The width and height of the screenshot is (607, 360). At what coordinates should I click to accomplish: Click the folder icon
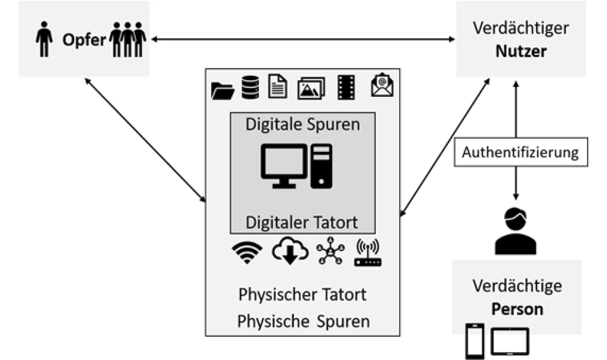pyautogui.click(x=223, y=90)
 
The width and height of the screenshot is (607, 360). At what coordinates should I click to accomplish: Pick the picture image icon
pyautogui.click(x=310, y=89)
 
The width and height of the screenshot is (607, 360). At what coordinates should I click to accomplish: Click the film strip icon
pyautogui.click(x=346, y=88)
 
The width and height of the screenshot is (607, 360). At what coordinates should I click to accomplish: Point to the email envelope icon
pyautogui.click(x=382, y=86)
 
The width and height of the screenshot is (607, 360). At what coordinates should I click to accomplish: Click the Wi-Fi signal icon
pyautogui.click(x=248, y=252)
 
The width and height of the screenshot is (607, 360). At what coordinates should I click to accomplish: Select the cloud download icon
pyautogui.click(x=289, y=250)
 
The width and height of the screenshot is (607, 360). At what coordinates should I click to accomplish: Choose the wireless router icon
pyautogui.click(x=367, y=252)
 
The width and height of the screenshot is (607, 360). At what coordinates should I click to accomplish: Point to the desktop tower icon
pyautogui.click(x=321, y=165)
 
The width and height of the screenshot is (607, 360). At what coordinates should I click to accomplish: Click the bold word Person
pyautogui.click(x=517, y=308)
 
